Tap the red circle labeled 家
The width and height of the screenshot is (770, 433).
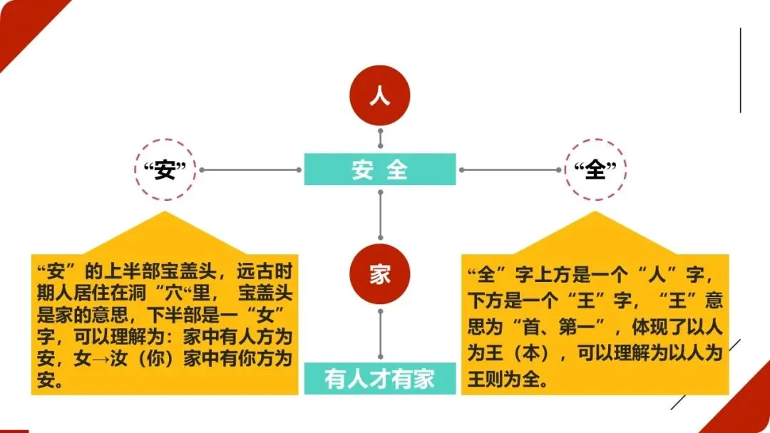[x=380, y=274]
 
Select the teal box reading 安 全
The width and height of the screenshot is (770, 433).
[x=380, y=169]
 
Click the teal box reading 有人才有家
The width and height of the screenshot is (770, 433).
[x=380, y=378]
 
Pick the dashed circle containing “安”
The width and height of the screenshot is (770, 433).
[x=165, y=170]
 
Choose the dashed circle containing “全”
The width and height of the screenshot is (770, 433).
[x=595, y=170]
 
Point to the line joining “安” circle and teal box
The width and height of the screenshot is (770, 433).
[x=250, y=170]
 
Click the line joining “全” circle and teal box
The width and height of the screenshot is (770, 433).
[x=510, y=170]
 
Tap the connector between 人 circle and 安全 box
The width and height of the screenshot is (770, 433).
[x=380, y=140]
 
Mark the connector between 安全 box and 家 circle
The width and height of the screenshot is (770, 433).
[x=380, y=214]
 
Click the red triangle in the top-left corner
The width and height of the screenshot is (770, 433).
[x=21, y=21]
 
